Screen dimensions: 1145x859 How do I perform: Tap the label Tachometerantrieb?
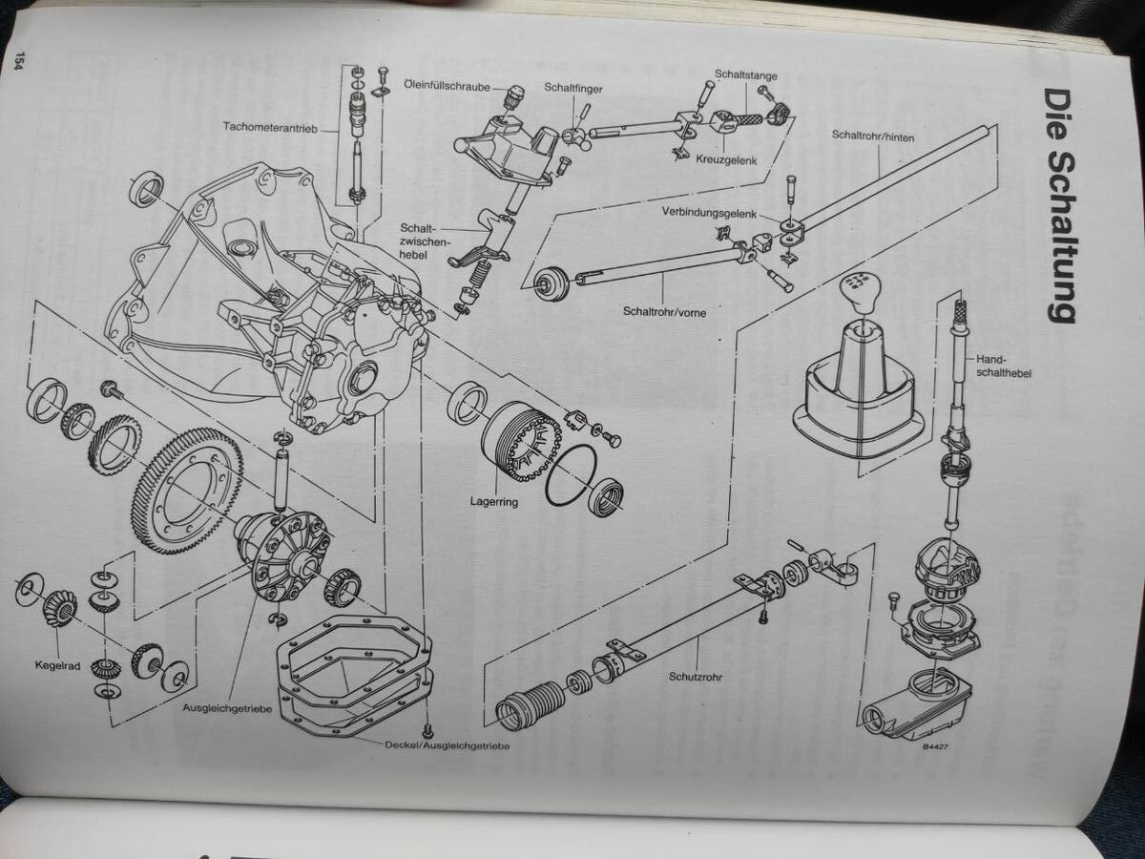(270, 127)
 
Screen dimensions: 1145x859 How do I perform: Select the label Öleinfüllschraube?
(448, 86)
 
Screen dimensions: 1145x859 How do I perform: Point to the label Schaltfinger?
(572, 88)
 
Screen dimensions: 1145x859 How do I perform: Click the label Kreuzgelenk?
(726, 160)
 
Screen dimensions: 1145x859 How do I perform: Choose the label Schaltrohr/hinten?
(873, 136)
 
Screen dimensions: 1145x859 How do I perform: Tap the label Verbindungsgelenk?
(709, 212)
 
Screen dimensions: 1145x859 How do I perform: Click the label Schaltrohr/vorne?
(664, 312)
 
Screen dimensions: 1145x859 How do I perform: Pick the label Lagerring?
(493, 502)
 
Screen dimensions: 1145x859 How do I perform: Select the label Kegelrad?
(57, 665)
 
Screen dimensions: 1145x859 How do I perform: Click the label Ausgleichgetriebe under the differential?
(227, 709)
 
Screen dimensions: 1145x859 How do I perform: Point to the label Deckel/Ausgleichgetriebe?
(448, 745)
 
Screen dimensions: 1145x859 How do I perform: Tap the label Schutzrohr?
(696, 677)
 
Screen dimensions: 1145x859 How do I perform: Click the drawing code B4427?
(935, 746)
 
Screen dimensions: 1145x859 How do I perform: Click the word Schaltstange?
(746, 75)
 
